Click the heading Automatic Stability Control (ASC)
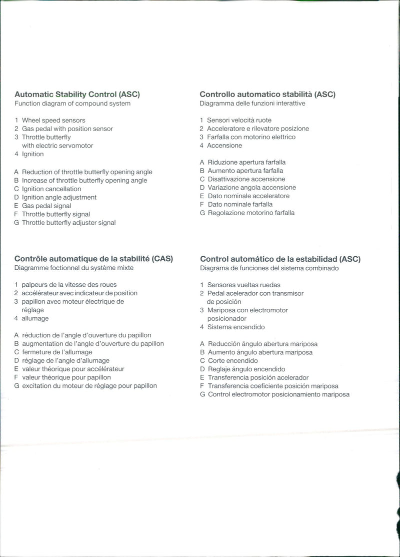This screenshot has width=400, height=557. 77,94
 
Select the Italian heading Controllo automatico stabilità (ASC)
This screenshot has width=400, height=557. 267,94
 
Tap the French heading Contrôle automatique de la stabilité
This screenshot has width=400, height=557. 93,259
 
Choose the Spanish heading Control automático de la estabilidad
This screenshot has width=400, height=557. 280,259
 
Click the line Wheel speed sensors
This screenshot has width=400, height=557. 53,120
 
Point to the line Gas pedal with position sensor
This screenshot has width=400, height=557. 67,129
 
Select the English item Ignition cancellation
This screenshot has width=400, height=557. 51,189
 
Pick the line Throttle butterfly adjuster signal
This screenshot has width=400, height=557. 68,223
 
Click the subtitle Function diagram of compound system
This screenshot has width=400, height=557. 72,104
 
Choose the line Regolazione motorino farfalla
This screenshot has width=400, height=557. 251,213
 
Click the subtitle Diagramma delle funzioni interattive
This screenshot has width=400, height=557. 252,104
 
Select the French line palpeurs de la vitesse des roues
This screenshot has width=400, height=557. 69,285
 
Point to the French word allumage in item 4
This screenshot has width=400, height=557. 35,318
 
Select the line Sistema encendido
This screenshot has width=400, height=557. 236,327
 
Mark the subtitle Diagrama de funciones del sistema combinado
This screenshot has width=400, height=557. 269,268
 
